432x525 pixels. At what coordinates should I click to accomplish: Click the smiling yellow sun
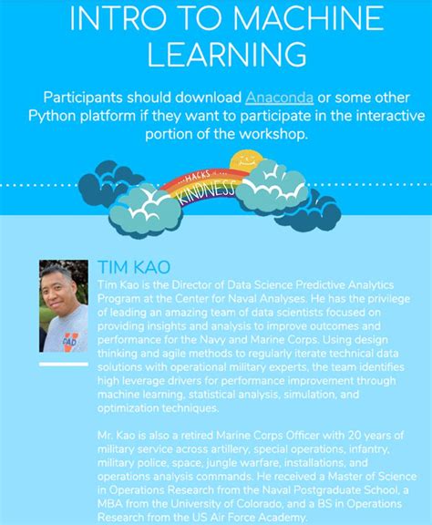245,163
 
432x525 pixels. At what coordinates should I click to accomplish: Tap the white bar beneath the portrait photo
64,363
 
